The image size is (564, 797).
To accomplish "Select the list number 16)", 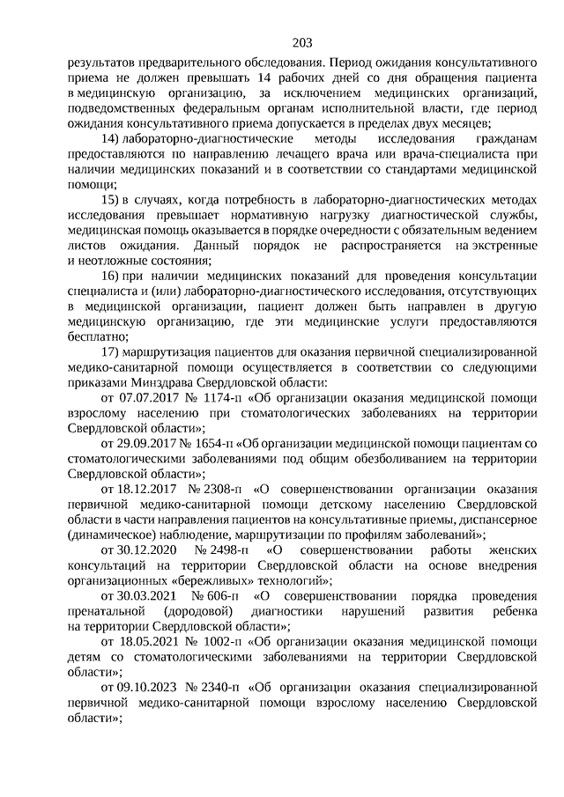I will (110, 276).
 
